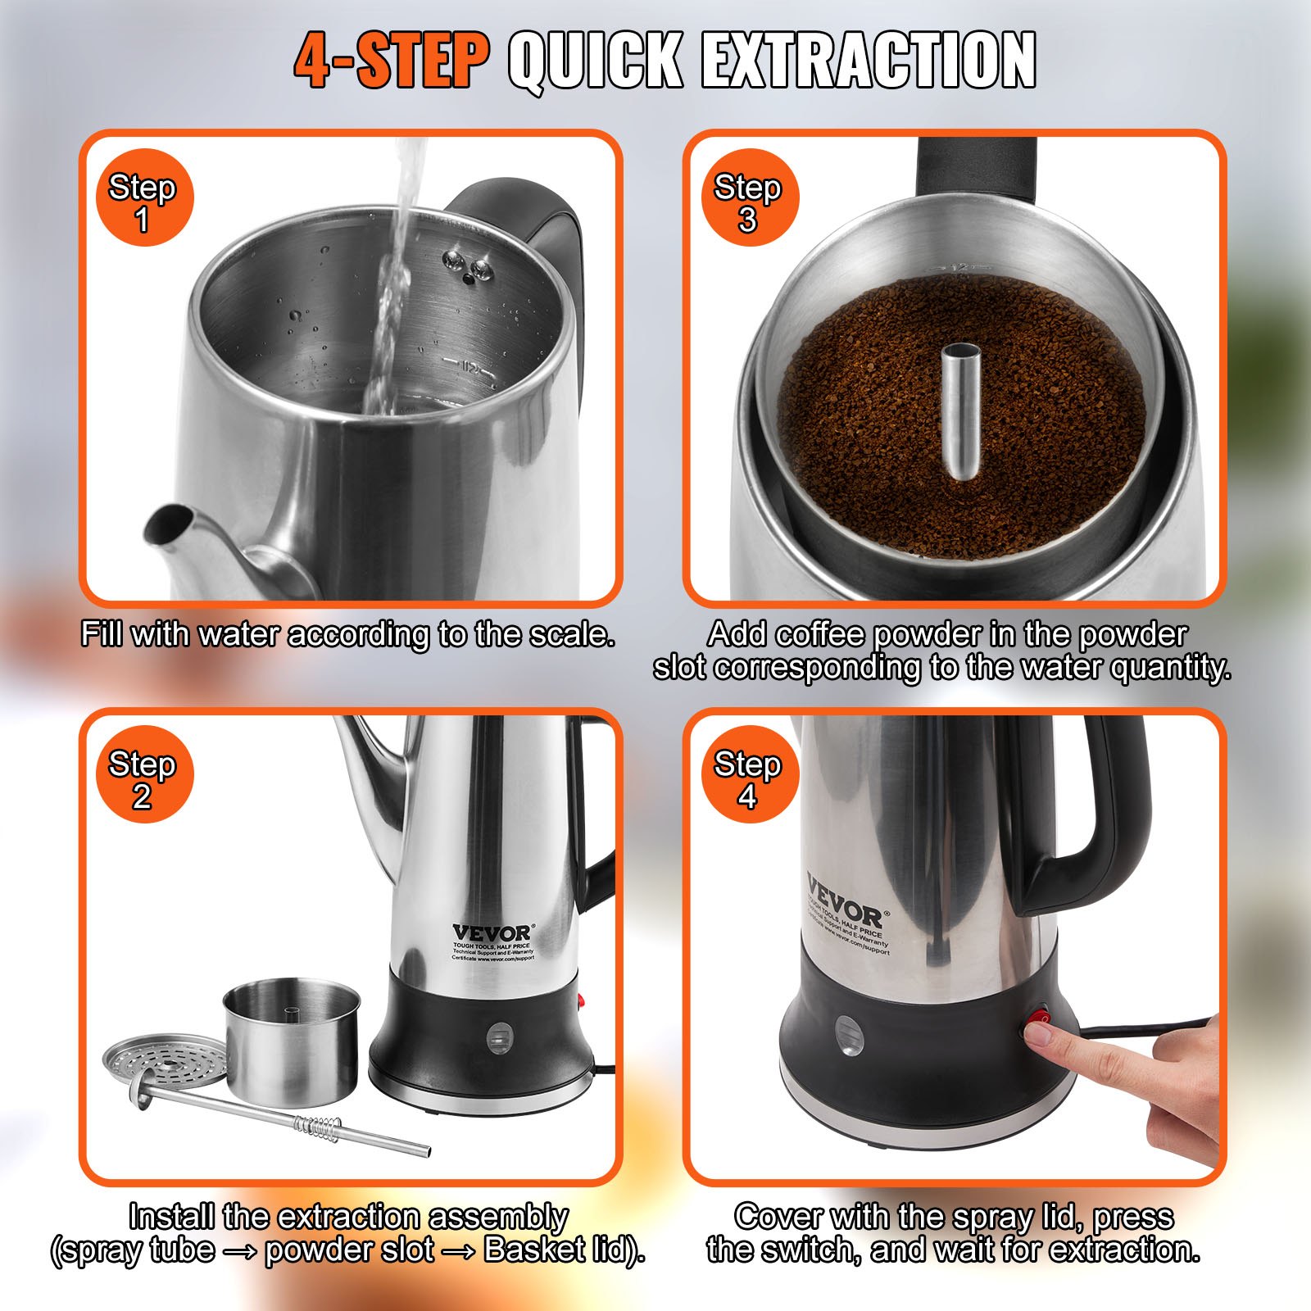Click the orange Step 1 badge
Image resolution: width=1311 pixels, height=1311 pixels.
pos(143,198)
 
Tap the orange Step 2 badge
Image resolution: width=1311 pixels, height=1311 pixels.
pos(143,775)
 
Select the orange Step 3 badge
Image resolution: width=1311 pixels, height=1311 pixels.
pos(748,198)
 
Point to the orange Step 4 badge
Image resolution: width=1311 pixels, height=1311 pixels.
pos(748,775)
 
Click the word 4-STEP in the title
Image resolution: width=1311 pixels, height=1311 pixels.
pos(391,61)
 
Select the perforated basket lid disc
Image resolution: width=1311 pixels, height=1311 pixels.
pos(164,1059)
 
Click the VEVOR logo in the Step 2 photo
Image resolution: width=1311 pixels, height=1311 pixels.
pos(491,933)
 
